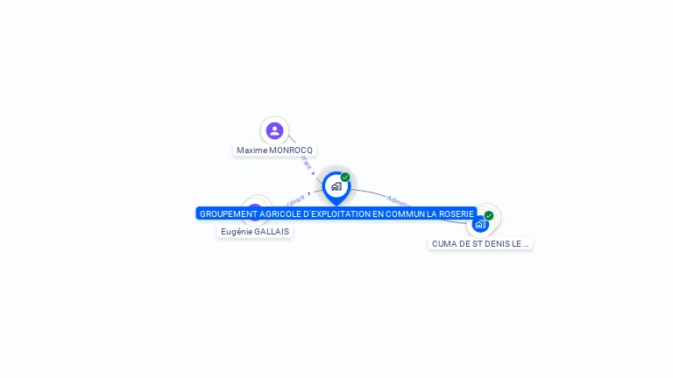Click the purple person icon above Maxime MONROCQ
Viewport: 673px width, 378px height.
point(274,130)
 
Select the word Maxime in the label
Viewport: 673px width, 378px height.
point(251,150)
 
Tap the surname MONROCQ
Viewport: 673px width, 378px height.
point(291,150)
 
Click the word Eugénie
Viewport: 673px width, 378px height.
point(236,232)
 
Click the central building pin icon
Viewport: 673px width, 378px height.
point(336,186)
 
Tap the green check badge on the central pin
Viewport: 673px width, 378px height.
point(345,177)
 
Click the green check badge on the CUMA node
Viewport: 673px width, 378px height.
point(489,215)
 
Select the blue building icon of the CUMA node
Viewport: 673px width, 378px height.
point(479,225)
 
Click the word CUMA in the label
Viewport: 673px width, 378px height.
point(444,244)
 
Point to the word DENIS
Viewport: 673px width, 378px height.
point(497,244)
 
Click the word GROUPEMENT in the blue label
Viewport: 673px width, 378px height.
point(223,213)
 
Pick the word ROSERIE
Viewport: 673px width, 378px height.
point(456,213)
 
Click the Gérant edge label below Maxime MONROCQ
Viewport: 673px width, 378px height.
point(305,163)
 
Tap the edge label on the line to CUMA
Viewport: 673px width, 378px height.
point(398,200)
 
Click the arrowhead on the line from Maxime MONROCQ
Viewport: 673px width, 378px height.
point(313,173)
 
